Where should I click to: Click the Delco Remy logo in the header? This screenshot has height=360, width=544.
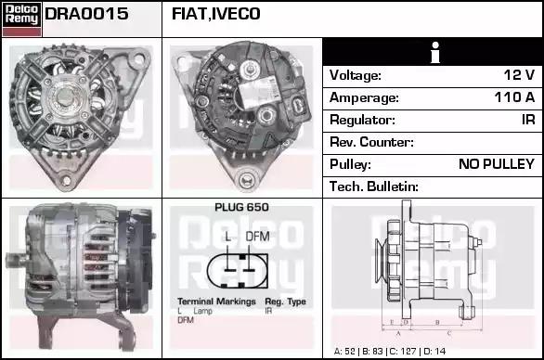21,19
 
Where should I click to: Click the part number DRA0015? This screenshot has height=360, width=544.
86,14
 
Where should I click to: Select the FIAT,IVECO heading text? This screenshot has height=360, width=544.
215,14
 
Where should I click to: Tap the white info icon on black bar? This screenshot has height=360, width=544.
435,53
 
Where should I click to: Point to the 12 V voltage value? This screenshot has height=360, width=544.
519,75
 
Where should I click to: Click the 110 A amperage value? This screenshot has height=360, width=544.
514,97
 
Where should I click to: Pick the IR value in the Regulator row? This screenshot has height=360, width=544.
528,120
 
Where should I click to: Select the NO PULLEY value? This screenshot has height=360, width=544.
497,164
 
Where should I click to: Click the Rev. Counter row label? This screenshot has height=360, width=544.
371,142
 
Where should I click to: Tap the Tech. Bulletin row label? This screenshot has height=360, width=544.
374,186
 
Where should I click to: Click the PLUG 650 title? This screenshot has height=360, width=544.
241,207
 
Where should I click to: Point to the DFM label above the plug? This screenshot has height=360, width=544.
257,237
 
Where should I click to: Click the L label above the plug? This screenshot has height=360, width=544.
227,237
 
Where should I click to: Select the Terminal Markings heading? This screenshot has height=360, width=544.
216,302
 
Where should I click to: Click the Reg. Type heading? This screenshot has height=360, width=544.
286,302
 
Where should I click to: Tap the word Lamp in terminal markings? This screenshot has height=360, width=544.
203,311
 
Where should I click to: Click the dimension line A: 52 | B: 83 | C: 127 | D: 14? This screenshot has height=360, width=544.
390,352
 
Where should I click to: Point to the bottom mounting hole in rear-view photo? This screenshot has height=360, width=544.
247,180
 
